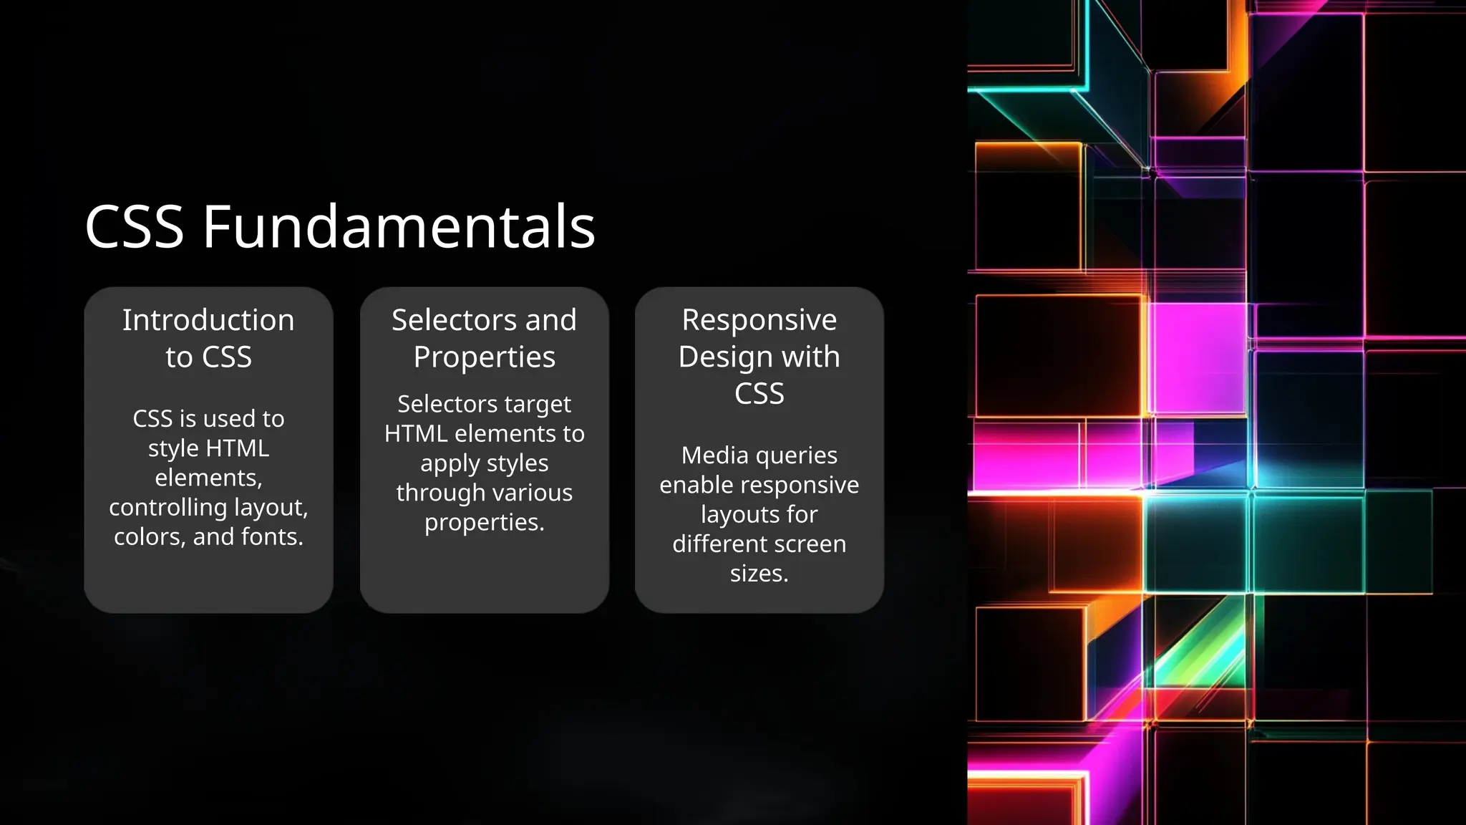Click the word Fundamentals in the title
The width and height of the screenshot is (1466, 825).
399,226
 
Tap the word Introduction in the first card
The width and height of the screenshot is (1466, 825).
208,320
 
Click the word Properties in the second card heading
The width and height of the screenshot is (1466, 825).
485,357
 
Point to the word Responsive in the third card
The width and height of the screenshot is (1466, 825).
759,320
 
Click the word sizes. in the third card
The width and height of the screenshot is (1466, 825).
759,574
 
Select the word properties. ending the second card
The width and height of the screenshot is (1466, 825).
485,523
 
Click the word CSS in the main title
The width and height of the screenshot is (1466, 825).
135,226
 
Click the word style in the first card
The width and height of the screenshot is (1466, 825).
173,448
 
